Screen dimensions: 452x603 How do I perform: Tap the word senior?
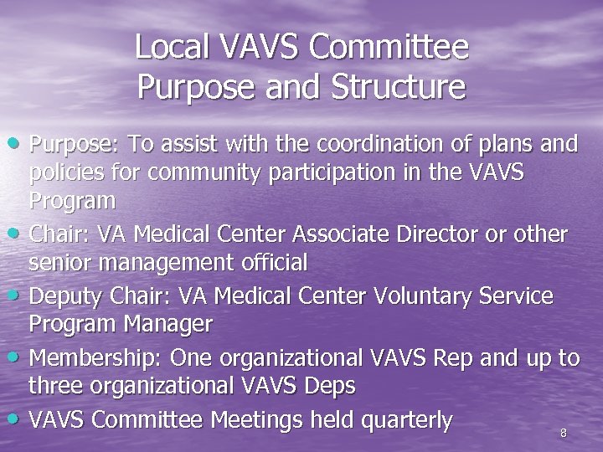[x=59, y=263]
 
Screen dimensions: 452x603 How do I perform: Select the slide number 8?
[x=563, y=433]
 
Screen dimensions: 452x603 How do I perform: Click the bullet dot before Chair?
[x=18, y=234]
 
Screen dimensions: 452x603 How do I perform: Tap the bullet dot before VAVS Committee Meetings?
[x=18, y=419]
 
